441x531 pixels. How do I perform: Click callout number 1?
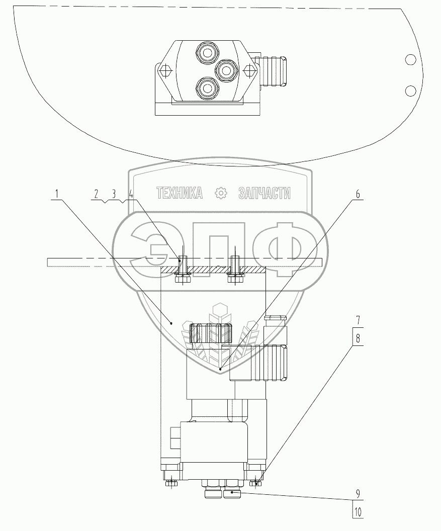pyautogui.click(x=57, y=194)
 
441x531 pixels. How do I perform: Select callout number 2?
pyautogui.click(x=96, y=194)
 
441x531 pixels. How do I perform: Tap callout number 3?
pyautogui.click(x=114, y=194)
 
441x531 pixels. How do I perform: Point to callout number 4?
pyautogui.click(x=131, y=194)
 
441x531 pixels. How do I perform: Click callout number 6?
pyautogui.click(x=358, y=194)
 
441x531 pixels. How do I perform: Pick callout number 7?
pyautogui.click(x=358, y=320)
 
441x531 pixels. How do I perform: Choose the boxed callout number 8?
pyautogui.click(x=358, y=338)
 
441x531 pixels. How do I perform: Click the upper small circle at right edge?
pyautogui.click(x=410, y=60)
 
